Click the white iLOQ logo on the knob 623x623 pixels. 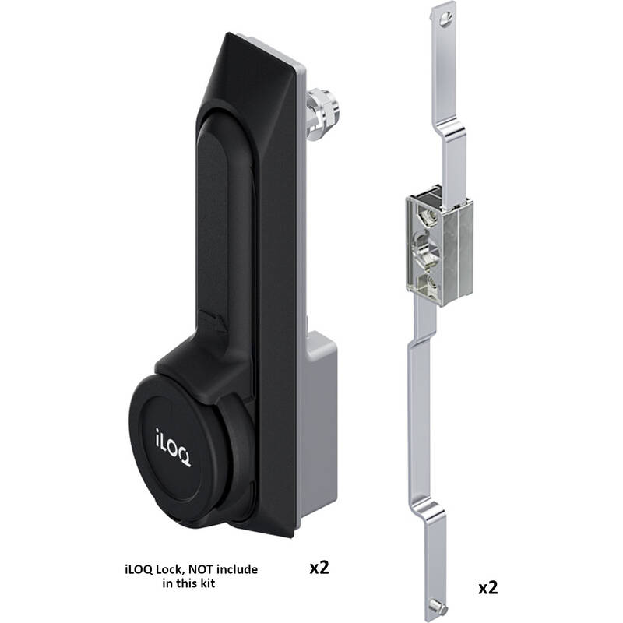172,446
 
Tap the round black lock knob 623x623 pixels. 174,448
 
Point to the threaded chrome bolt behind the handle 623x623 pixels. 321,114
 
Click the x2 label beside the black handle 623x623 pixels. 319,568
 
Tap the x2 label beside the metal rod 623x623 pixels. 488,588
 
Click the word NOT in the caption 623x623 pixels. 201,569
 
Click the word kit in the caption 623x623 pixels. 207,583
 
